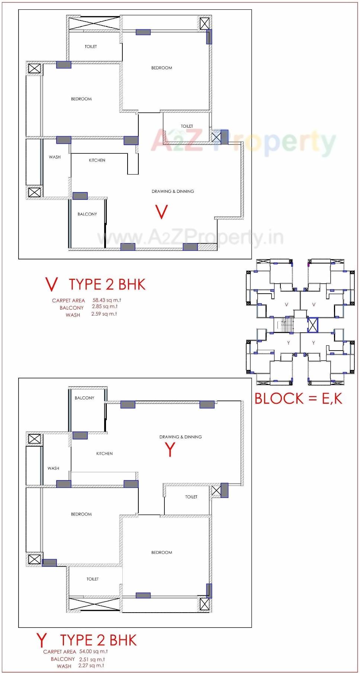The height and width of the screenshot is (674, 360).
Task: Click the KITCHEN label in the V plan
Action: [97, 160]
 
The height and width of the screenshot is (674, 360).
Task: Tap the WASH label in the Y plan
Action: [53, 468]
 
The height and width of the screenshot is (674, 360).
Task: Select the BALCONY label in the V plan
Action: [87, 214]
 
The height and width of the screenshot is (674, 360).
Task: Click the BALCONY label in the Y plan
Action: [84, 398]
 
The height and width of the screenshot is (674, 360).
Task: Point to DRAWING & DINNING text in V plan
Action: [173, 191]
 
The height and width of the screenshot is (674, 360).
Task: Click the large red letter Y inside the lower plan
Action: [170, 450]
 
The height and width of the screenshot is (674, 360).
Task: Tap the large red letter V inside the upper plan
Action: [161, 212]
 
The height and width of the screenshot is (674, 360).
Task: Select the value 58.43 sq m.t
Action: [107, 300]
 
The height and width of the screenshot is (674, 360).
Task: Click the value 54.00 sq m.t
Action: [93, 651]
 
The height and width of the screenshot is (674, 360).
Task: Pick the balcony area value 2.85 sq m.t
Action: [105, 307]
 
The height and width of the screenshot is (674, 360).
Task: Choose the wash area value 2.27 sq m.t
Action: [91, 665]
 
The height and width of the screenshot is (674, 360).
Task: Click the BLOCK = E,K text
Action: [298, 399]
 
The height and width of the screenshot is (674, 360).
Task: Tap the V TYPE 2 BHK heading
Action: [95, 285]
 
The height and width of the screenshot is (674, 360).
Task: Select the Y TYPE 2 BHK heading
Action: [87, 640]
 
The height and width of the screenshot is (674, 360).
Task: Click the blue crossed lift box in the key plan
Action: [313, 325]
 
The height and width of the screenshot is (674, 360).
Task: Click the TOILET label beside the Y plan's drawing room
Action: [191, 497]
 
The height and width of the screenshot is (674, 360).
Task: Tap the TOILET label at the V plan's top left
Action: [91, 47]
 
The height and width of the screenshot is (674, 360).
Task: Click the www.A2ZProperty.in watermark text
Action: [190, 237]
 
